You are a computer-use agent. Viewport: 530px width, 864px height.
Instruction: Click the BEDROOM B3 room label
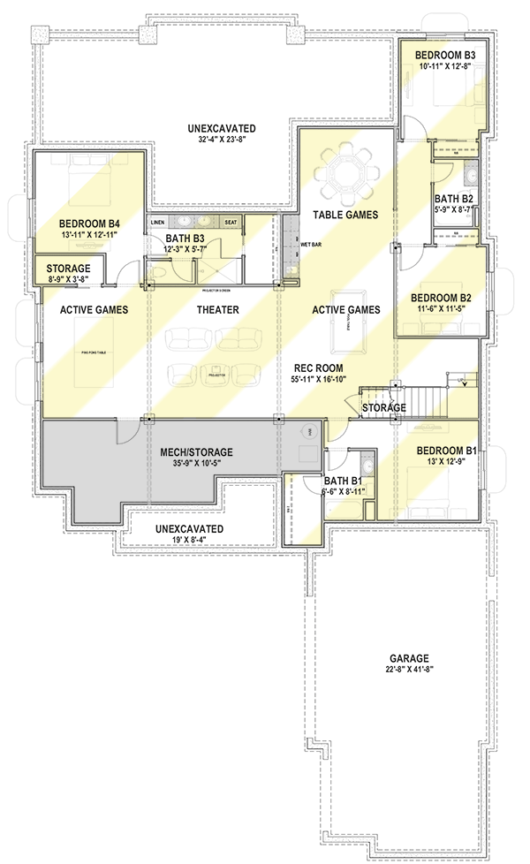[446, 56]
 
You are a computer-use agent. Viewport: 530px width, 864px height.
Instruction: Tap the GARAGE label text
[407, 658]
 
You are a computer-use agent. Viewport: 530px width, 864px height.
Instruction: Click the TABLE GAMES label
[345, 215]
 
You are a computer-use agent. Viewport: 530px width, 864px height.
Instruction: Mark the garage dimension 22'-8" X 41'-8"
[407, 671]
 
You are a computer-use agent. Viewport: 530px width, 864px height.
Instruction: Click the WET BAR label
[310, 243]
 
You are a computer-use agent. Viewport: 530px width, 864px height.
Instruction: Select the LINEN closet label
[158, 223]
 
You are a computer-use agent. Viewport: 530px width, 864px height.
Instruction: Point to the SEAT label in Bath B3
[231, 223]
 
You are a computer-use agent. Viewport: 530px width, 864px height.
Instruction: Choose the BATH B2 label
[454, 199]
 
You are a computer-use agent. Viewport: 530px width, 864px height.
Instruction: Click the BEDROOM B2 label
[439, 298]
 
